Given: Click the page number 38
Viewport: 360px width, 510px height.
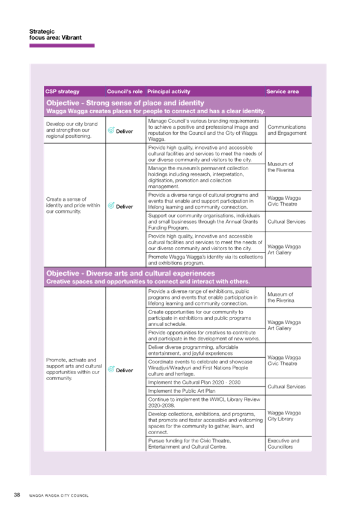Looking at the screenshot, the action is (x=17, y=495).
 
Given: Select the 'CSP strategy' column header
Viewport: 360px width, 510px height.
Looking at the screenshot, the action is (x=63, y=91).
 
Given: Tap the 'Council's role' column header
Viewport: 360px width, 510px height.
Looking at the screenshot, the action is (x=125, y=91).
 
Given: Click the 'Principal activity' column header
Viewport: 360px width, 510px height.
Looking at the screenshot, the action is (x=169, y=91).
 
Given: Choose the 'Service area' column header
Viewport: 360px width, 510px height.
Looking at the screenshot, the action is (x=282, y=91).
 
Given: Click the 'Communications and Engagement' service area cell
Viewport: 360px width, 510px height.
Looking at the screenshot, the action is (x=287, y=130).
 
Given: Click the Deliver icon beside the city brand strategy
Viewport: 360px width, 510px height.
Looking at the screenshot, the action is (x=111, y=130).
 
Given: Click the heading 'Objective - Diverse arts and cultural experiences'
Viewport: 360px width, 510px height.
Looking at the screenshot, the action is (x=130, y=273).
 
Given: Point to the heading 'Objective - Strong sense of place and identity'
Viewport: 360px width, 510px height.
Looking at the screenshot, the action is (x=125, y=103).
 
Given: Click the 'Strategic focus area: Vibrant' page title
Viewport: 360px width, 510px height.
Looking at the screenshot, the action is (x=55, y=34).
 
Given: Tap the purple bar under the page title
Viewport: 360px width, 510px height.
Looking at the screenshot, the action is (x=62, y=46).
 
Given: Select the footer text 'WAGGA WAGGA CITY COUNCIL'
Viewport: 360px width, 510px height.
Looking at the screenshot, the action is (x=59, y=496).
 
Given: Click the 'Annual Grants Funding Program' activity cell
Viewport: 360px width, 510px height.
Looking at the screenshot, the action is (x=204, y=221).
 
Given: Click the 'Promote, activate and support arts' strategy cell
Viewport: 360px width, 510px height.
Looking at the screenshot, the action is (x=74, y=369).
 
